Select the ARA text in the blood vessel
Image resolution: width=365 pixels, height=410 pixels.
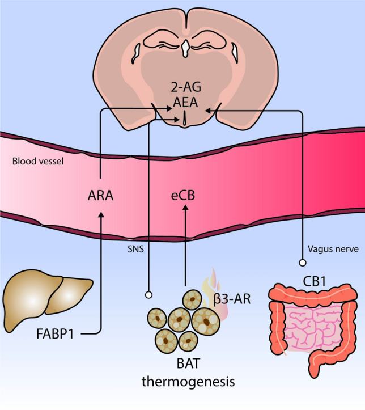[x=100, y=197]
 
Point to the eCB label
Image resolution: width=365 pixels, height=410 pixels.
[x=185, y=197]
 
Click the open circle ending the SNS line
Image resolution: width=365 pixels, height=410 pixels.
[x=149, y=294]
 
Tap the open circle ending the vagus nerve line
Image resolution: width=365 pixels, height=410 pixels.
[x=303, y=263]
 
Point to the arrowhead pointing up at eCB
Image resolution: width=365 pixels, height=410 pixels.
[x=185, y=214]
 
